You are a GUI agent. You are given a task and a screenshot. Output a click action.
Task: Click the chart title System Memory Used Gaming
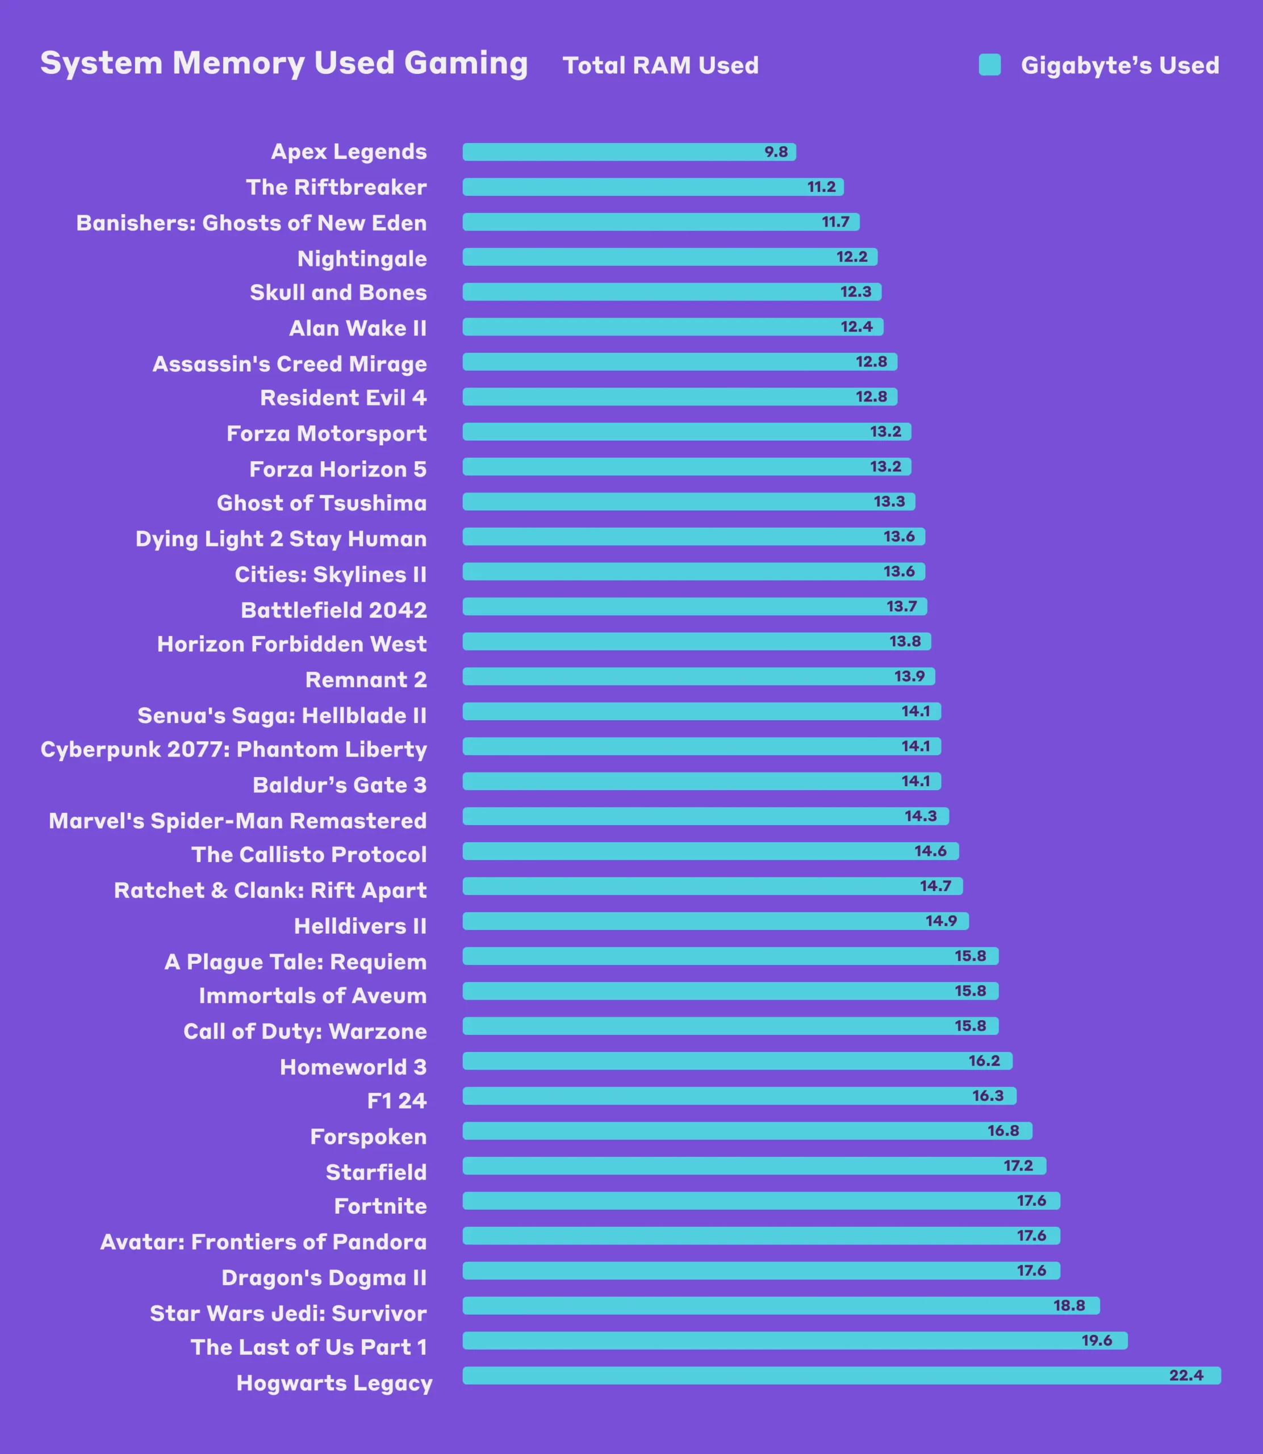283,64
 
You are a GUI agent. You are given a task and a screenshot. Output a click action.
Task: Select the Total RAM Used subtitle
660,65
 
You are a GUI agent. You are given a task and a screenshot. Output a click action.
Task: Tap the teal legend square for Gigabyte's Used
989,65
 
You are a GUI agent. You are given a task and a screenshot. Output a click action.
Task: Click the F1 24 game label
397,1101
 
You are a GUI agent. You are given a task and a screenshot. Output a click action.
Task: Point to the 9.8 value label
776,152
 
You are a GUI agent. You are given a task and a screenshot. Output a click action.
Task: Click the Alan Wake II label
357,328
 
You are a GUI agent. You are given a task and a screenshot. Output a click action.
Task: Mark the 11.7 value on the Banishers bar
835,222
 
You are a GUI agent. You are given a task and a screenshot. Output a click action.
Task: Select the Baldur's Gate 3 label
339,785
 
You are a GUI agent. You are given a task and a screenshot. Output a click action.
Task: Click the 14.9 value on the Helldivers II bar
941,921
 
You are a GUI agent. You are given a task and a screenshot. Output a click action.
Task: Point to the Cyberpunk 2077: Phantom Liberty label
233,749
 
